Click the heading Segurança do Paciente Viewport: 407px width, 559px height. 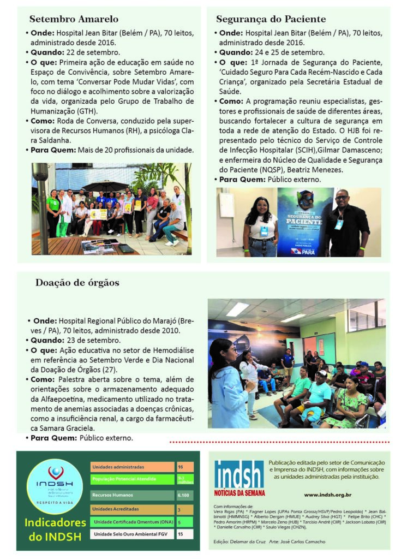271,19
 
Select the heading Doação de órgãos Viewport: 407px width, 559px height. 77,282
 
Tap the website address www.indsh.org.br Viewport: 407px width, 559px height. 327,495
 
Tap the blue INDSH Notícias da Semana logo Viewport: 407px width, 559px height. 239,479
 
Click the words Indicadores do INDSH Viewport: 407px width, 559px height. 53,530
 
